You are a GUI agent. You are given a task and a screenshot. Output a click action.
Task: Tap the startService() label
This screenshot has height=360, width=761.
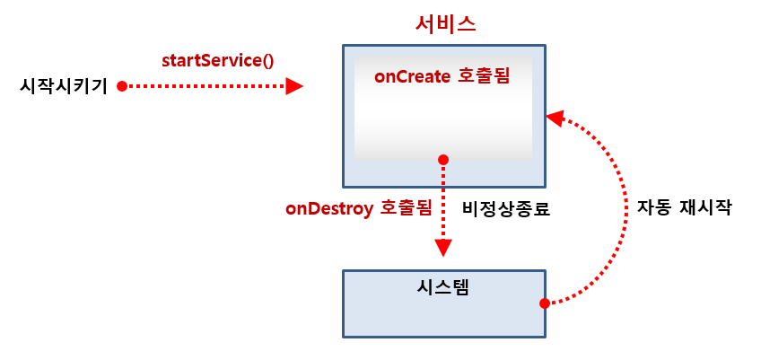click(217, 61)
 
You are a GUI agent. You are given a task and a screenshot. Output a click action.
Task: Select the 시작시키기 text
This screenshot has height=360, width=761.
click(63, 86)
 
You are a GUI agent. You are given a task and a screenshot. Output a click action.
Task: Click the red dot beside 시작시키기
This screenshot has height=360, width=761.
click(122, 86)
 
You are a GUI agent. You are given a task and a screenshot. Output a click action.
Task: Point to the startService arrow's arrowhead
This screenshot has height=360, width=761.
click(294, 86)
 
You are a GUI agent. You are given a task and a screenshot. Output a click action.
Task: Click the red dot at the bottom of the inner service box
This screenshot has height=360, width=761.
click(442, 160)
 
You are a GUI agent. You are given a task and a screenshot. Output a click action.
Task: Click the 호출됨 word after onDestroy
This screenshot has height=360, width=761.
click(406, 209)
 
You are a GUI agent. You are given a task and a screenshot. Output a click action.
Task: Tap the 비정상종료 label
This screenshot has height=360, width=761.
click(505, 209)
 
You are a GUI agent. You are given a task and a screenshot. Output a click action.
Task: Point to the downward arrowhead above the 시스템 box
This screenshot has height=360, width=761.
click(442, 249)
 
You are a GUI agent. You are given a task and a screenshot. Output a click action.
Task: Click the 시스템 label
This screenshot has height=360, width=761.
click(444, 288)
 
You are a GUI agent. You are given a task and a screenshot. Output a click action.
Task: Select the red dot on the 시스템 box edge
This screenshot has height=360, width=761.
click(544, 303)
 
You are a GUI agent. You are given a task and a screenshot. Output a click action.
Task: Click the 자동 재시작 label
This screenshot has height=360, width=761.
click(684, 209)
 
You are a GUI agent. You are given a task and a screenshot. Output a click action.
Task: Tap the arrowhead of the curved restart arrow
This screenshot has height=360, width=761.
click(555, 118)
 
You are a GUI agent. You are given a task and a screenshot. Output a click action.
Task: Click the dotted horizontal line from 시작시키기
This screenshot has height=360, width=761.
click(206, 86)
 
